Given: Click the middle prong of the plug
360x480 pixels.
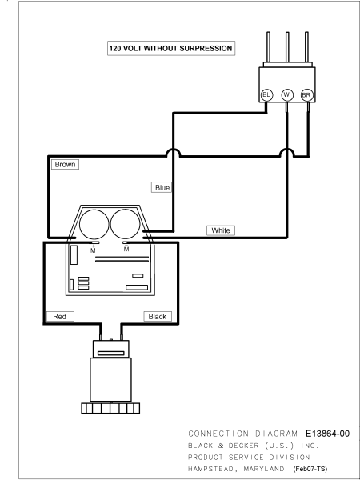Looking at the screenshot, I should point(286,49).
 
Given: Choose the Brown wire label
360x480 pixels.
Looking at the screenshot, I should point(65,164).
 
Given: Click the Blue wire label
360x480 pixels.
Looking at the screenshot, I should point(162,187).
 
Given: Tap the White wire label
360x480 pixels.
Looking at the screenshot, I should point(221,230).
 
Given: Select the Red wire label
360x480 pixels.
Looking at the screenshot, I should point(59,317).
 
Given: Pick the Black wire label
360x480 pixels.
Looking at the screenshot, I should point(157,317).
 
